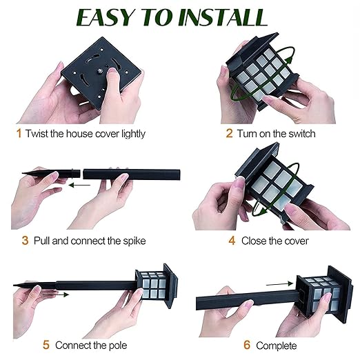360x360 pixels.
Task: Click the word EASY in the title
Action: (x=105, y=17)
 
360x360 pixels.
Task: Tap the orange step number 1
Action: (x=19, y=133)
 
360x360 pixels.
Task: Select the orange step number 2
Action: (x=229, y=133)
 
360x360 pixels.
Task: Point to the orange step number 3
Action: (x=25, y=241)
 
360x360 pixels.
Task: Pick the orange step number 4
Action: (x=232, y=241)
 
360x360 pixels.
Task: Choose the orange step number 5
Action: (x=46, y=345)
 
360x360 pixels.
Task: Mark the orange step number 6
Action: (x=247, y=345)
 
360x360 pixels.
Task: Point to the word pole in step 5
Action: (x=118, y=346)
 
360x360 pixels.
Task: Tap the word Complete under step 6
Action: (x=277, y=346)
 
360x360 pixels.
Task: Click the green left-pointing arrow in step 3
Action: (x=79, y=185)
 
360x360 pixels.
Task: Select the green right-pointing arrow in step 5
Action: (x=56, y=294)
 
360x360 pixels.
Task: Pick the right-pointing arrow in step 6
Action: (x=279, y=283)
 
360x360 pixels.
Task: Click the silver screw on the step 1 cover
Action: (x=101, y=72)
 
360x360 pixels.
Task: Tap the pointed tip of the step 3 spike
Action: (x=23, y=173)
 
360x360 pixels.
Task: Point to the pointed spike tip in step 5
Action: (x=14, y=285)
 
